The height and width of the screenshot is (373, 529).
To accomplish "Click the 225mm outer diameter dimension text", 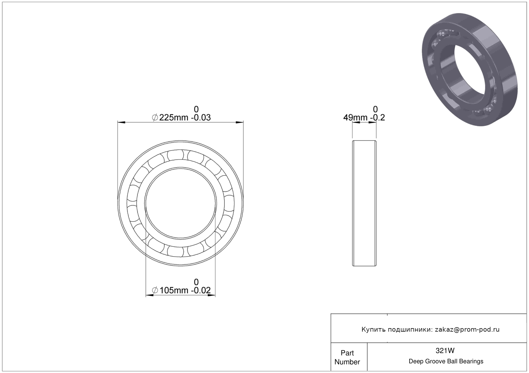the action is [x=173, y=117].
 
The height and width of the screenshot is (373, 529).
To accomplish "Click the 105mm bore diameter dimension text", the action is [x=174, y=290].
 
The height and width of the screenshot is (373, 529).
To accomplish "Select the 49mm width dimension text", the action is [x=355, y=117].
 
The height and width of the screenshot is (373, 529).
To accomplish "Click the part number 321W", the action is [x=445, y=351].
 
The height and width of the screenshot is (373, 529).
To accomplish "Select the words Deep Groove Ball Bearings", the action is [x=446, y=361].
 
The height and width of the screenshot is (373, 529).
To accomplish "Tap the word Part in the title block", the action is [x=347, y=353].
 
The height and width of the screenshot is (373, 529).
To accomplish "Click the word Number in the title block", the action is [x=347, y=362].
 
